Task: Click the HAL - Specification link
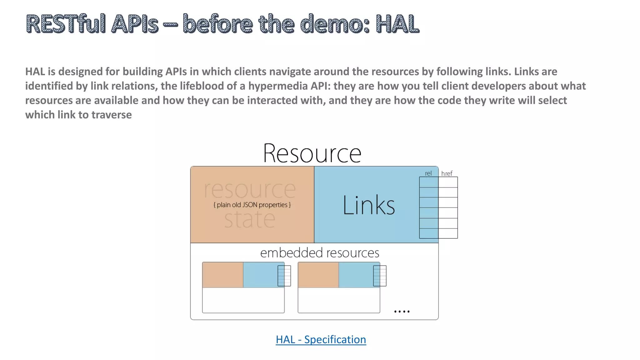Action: click(321, 339)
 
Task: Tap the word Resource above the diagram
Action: click(312, 153)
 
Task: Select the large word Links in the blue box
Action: click(369, 205)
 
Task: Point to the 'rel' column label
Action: click(428, 173)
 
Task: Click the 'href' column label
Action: click(447, 173)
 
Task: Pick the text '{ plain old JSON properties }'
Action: click(252, 205)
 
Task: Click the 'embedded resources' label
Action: click(319, 252)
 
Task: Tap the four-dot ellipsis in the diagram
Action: click(402, 311)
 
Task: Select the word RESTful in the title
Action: click(66, 24)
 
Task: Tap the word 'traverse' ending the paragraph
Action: click(112, 115)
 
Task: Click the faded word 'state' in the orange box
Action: click(249, 219)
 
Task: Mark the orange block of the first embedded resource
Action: click(222, 275)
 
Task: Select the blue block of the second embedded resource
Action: click(356, 275)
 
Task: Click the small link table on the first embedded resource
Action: click(284, 276)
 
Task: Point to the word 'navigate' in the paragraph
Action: click(290, 72)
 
